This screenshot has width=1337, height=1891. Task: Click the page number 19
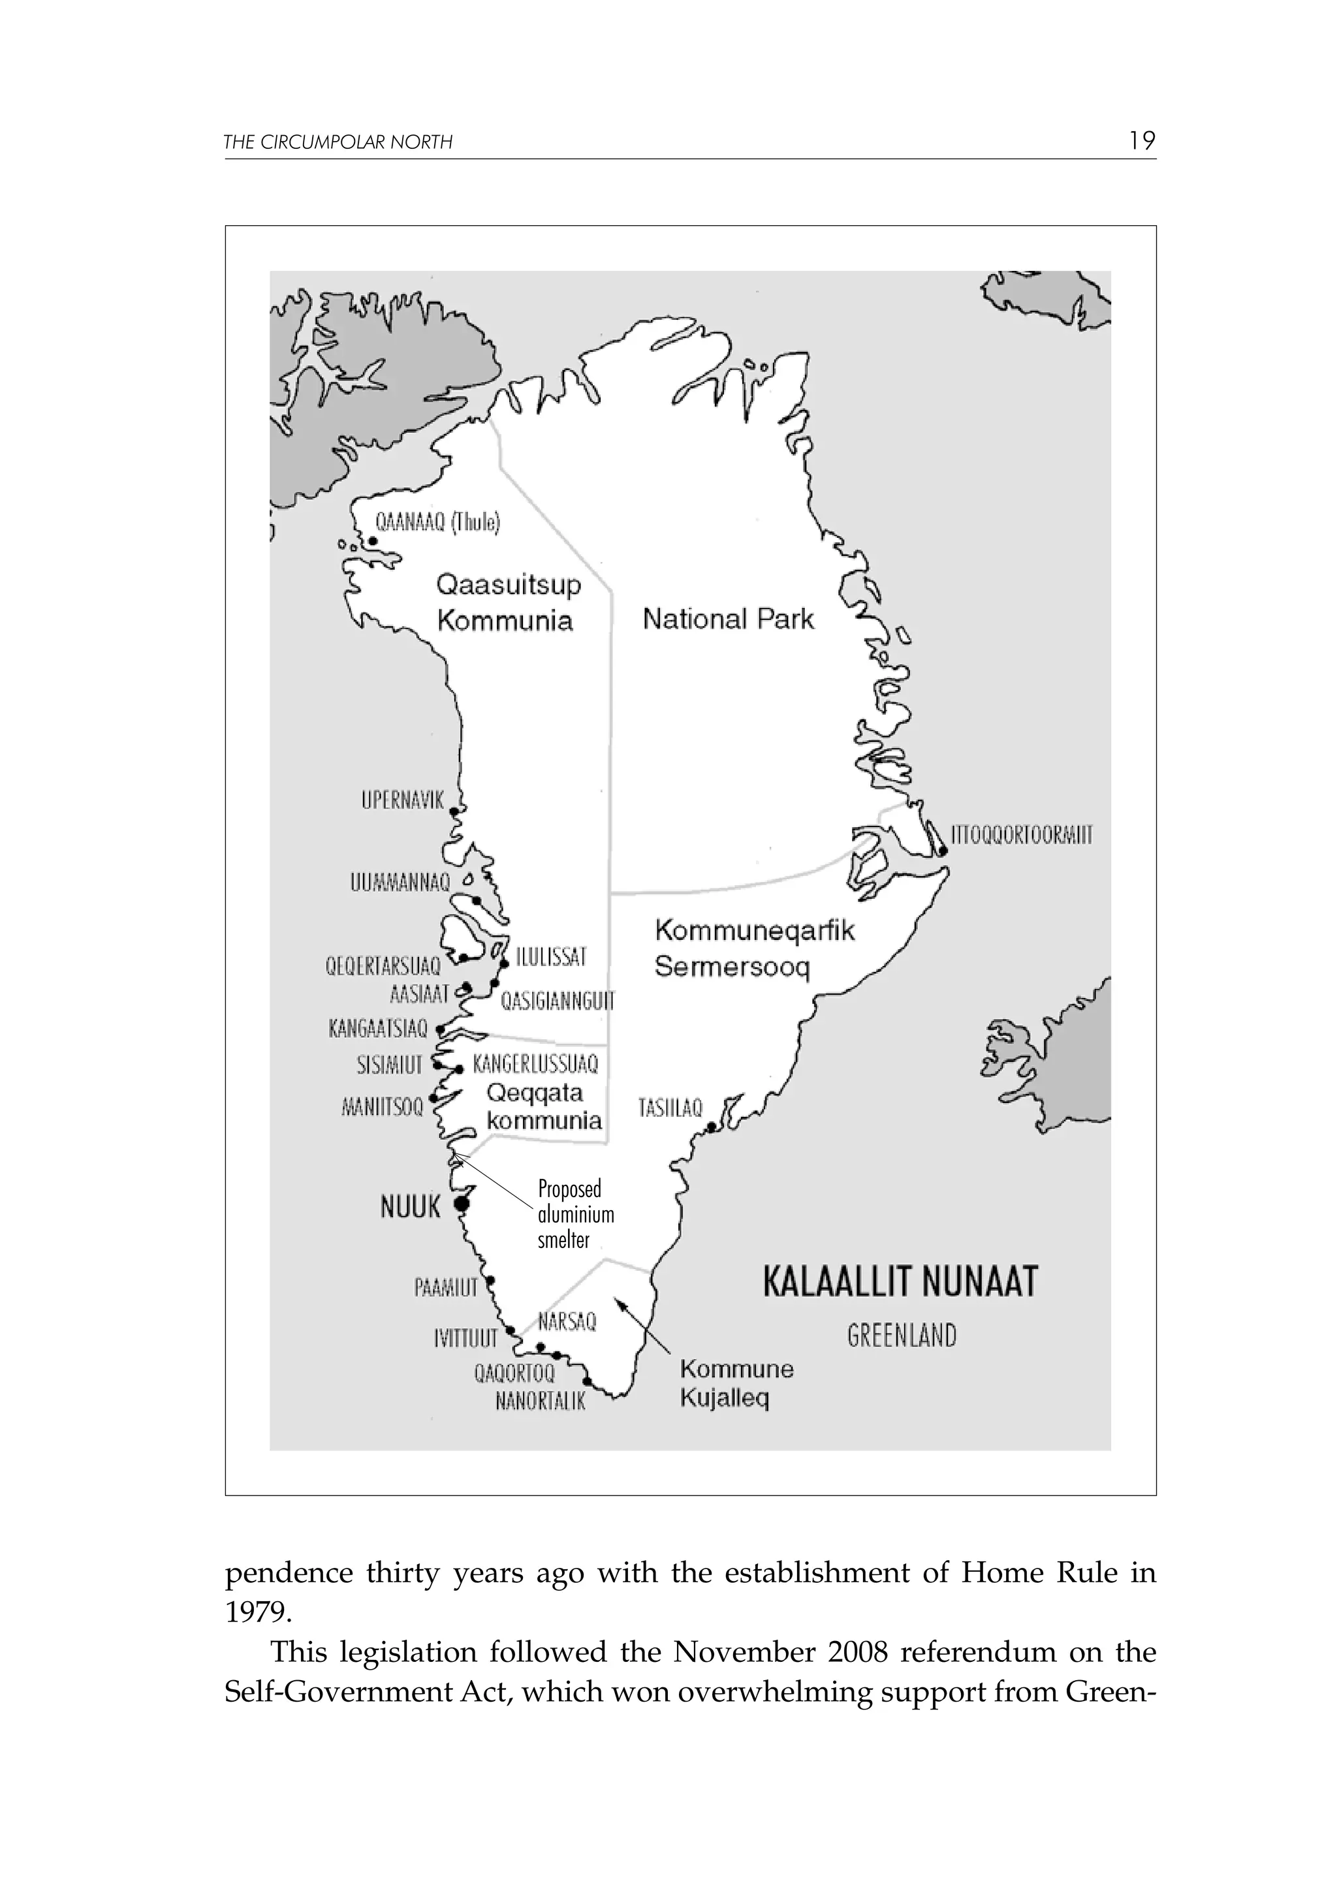1142,141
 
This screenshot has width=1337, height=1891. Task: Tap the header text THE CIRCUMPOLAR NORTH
338,142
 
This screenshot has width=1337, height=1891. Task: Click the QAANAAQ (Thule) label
437,522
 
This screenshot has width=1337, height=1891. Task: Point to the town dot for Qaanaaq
372,541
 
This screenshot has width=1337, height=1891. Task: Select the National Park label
727,619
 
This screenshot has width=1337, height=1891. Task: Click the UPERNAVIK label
402,800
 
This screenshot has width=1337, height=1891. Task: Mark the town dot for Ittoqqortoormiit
943,852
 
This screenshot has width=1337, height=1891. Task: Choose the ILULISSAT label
551,957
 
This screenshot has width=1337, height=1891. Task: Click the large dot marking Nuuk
462,1204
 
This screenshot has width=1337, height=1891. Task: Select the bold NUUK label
410,1208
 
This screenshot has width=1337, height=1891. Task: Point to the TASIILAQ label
670,1108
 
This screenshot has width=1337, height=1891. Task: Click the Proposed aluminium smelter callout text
575,1214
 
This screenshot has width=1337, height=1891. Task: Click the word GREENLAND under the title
902,1336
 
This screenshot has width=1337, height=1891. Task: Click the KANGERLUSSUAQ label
535,1064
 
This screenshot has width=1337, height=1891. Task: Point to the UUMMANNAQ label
400,884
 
